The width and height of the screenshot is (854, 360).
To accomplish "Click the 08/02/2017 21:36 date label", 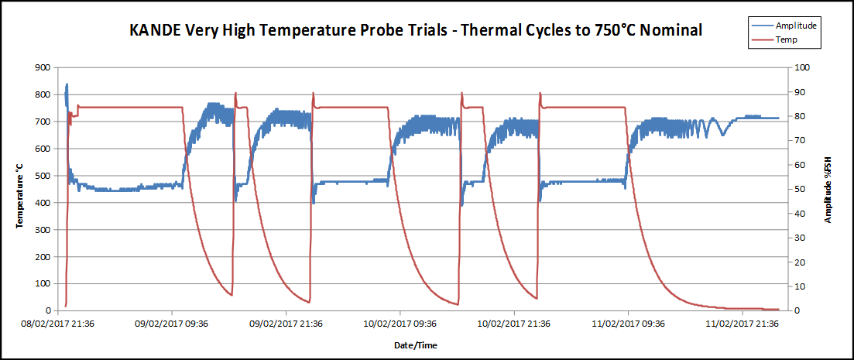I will [57, 325].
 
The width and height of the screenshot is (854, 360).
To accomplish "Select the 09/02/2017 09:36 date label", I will [171, 325].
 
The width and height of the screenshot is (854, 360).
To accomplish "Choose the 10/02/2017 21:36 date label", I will [514, 325].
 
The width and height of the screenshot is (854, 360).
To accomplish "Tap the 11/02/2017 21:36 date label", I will [742, 325].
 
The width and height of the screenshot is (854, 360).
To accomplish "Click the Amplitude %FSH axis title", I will [828, 190].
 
